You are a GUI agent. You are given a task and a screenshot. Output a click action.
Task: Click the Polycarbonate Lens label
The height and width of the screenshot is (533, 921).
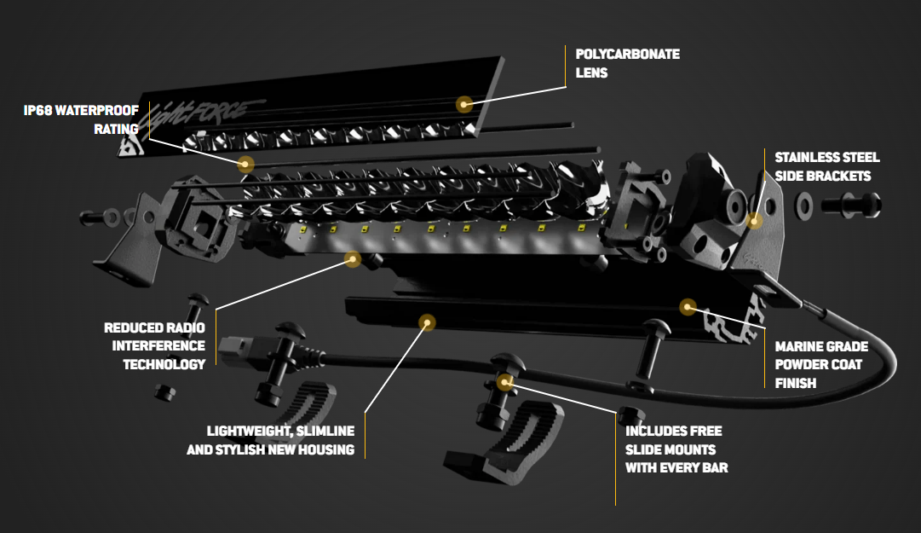[627, 64]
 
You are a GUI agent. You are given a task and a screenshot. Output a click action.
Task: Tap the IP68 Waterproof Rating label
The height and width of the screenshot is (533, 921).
[81, 120]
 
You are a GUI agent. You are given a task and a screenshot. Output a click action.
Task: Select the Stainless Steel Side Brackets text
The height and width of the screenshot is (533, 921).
[826, 166]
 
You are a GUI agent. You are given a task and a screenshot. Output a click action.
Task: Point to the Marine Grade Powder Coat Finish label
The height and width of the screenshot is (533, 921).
[821, 365]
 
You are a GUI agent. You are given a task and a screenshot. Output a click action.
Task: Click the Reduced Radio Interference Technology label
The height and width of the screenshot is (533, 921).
[154, 345]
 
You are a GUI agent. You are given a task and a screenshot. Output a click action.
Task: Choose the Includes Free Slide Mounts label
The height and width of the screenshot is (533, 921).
[676, 449]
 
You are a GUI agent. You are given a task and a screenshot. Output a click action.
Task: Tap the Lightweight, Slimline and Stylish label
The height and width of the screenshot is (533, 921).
[270, 440]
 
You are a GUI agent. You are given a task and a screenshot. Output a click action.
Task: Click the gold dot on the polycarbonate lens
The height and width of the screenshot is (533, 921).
[464, 104]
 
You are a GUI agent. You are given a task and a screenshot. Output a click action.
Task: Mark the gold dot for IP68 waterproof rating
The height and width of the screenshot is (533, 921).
[245, 164]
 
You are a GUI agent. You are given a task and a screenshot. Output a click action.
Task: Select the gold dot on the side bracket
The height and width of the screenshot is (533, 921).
[754, 221]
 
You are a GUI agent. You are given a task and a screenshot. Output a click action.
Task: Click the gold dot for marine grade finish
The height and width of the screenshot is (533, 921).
[688, 305]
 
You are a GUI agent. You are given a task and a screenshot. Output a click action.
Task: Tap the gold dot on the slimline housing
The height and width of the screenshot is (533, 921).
[427, 322]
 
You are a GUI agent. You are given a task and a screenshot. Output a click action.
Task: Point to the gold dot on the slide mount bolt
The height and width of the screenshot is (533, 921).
[505, 381]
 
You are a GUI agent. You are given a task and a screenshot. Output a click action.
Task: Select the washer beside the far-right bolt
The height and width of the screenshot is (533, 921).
[802, 206]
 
